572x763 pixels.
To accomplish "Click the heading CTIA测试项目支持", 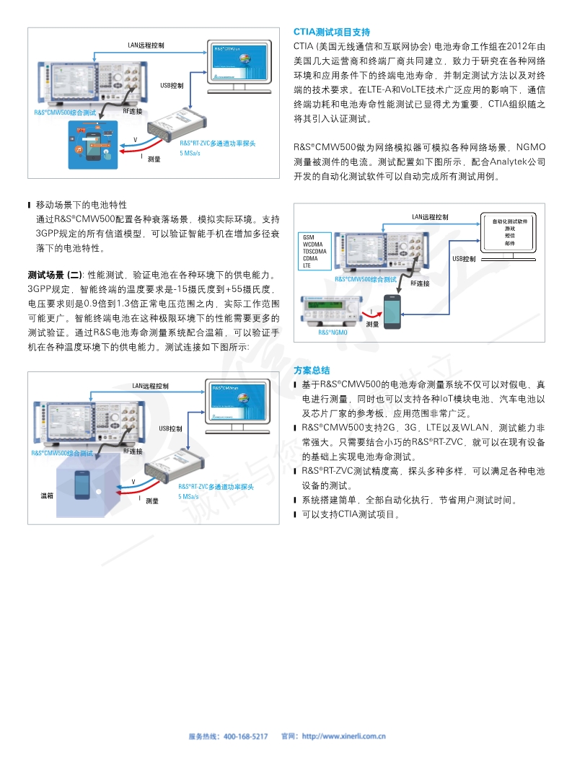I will pyautogui.click(x=332, y=32).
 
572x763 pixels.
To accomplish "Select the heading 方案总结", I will pyautogui.click(x=312, y=370).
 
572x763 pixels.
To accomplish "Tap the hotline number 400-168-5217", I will pyautogui.click(x=246, y=736).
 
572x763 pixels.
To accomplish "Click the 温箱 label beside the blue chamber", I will pyautogui.click(x=47, y=495).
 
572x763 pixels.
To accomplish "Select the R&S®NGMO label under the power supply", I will pyautogui.click(x=333, y=332).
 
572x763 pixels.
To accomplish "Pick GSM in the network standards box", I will pyautogui.click(x=309, y=237).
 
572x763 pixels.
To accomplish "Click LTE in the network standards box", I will pyautogui.click(x=307, y=265).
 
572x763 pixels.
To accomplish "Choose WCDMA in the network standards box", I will pyautogui.click(x=312, y=244).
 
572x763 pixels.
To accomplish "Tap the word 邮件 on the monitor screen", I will pyautogui.click(x=509, y=242).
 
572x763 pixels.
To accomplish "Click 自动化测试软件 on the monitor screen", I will pyautogui.click(x=509, y=221).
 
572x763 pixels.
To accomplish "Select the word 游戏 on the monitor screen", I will pyautogui.click(x=509, y=228).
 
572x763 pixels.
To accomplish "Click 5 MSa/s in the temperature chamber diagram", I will pyautogui.click(x=188, y=497).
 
